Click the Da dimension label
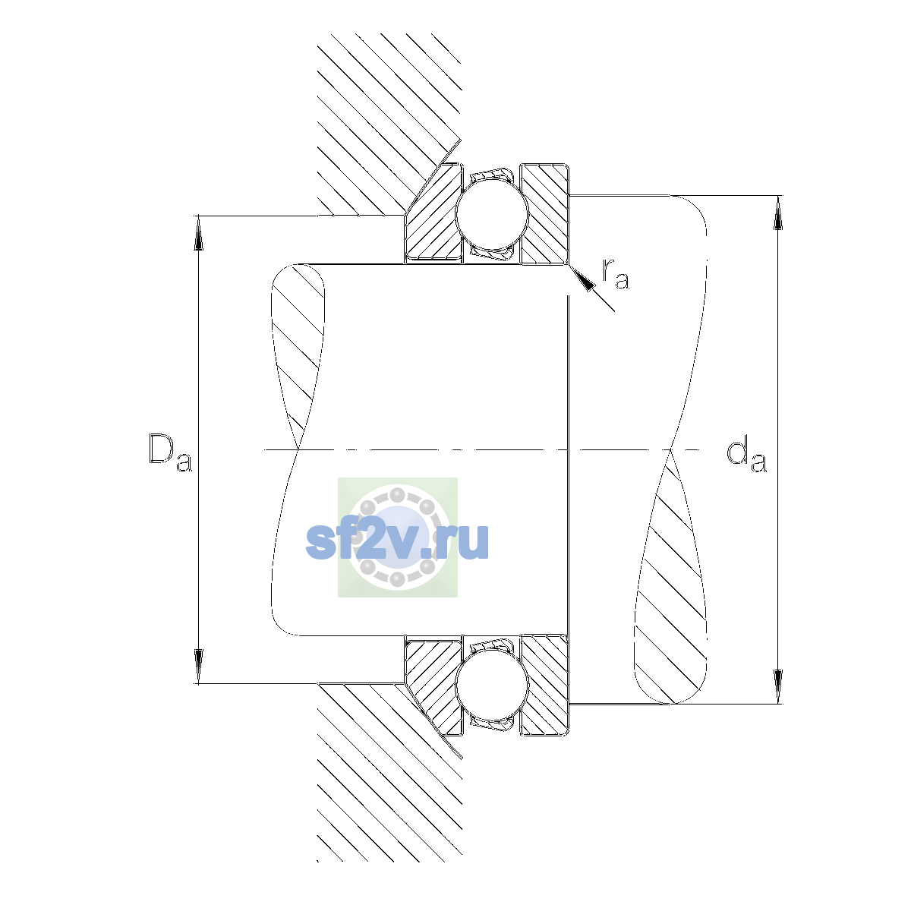[170, 452]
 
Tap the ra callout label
[615, 274]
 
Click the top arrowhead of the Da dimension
[199, 232]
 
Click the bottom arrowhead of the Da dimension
[199, 667]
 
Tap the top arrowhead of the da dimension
[777, 213]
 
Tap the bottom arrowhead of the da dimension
[777, 687]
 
